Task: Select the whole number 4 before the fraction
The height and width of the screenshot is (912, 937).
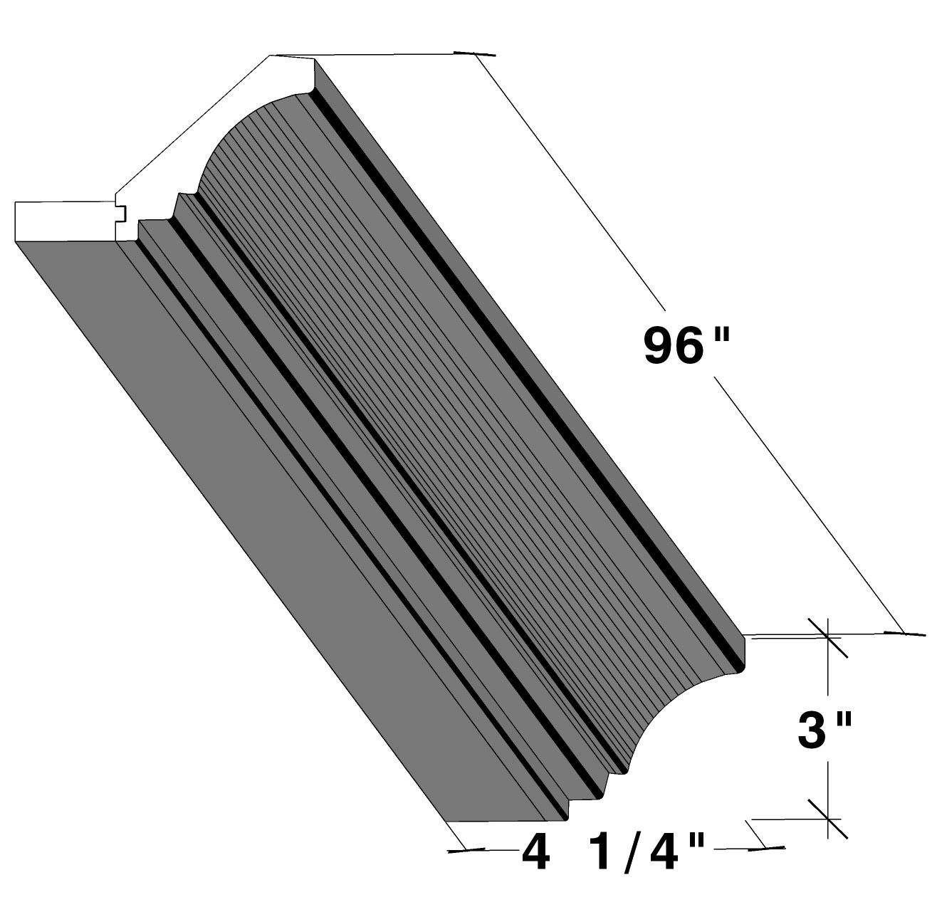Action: point(536,852)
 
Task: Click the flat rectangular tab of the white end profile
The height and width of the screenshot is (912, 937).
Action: point(64,221)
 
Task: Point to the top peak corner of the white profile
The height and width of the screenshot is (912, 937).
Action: point(271,55)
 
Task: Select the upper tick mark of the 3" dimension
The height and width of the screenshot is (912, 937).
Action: point(828,636)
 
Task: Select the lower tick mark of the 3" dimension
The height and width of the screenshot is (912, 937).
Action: point(828,818)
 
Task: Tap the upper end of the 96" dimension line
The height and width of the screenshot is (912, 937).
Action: point(476,54)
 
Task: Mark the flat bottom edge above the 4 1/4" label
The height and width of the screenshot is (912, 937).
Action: point(506,821)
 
